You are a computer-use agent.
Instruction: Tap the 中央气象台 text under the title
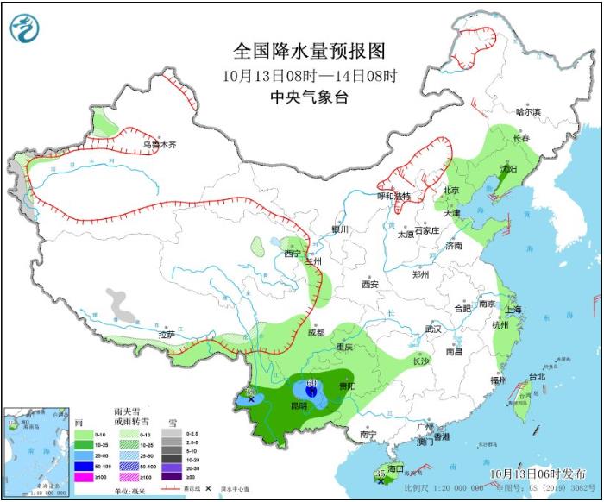point(308,97)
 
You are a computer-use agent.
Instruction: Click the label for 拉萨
point(167,334)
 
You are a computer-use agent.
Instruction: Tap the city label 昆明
point(298,405)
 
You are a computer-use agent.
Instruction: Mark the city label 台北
point(537,376)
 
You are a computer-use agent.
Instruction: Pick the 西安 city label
point(370,284)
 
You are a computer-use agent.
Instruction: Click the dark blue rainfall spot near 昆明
point(311,392)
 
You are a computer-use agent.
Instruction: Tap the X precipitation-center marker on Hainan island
point(381,481)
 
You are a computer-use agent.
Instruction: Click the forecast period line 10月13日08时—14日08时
point(308,75)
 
